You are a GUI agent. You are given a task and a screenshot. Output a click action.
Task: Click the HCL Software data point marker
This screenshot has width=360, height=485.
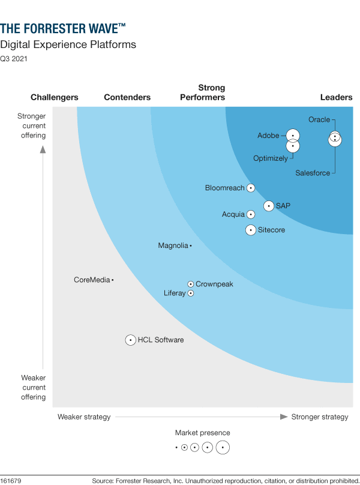coord(130,340)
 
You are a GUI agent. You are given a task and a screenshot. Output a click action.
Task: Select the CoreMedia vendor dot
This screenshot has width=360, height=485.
coord(113,280)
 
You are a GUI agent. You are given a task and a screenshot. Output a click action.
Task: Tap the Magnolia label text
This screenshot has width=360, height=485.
coord(173,246)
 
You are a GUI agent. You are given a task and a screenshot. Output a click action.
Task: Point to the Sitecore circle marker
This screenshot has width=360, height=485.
coord(251,230)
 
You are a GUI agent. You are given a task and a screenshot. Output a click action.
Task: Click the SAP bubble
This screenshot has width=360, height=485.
coord(269,206)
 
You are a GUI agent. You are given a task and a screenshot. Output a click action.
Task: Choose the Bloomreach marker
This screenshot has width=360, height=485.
coord(251,188)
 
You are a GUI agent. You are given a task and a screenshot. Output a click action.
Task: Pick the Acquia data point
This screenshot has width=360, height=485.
coord(251,214)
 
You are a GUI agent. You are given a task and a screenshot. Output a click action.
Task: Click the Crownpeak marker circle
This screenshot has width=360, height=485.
coord(191,284)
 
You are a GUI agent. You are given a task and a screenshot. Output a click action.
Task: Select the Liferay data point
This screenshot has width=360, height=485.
coord(191,294)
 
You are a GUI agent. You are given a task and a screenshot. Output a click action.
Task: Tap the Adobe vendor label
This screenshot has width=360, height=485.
coord(268,136)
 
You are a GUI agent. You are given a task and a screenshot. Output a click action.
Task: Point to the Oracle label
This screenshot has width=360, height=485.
coord(319,119)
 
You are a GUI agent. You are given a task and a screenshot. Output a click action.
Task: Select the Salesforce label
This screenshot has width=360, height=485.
coord(313,173)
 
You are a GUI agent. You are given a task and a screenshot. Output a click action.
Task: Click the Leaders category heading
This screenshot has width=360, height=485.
coord(337,97)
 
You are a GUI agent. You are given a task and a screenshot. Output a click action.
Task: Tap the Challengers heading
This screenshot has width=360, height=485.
coord(55,97)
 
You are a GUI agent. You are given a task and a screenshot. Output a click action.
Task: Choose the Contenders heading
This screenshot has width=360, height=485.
coord(127,97)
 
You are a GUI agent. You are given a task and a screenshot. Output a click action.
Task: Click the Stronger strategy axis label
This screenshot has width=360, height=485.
coord(319,417)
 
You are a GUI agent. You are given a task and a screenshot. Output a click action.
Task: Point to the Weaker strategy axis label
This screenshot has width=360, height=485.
coord(84,417)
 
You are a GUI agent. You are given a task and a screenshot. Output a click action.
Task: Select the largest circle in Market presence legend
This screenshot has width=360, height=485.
coord(223,447)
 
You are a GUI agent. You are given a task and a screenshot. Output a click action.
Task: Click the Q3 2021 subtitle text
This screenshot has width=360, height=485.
coord(13,59)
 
